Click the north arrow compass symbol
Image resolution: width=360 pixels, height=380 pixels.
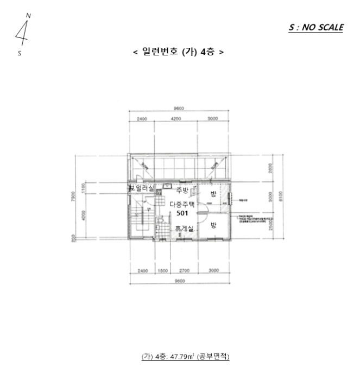(x=23, y=33)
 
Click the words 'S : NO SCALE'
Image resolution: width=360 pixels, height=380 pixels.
(x=316, y=28)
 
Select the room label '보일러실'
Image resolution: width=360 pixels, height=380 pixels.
(x=141, y=188)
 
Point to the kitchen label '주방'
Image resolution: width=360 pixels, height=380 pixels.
(x=182, y=190)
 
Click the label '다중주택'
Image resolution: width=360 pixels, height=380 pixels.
(x=182, y=204)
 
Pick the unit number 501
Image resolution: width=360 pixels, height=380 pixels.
(x=182, y=213)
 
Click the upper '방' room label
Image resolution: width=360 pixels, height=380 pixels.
(x=213, y=194)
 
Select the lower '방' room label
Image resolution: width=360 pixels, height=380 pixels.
(x=213, y=224)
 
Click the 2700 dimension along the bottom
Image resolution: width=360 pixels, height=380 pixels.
(x=184, y=270)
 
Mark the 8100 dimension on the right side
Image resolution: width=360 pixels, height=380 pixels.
(x=279, y=198)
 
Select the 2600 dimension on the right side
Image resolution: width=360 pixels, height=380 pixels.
(x=270, y=168)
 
